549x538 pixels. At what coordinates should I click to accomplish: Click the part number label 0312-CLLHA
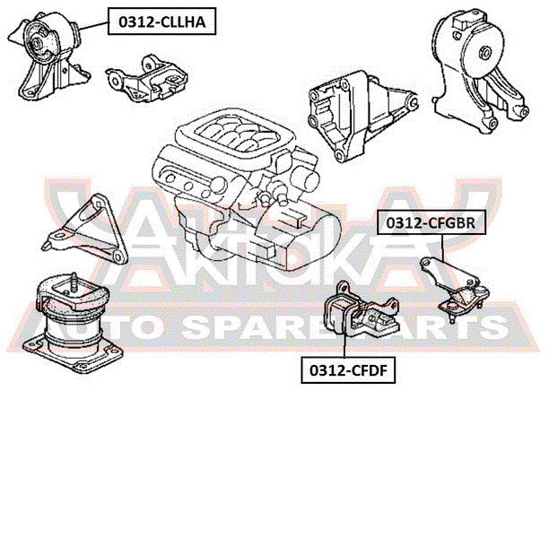162,22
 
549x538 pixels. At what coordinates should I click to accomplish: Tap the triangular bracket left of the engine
86,230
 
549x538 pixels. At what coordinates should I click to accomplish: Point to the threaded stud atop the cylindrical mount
68,281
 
